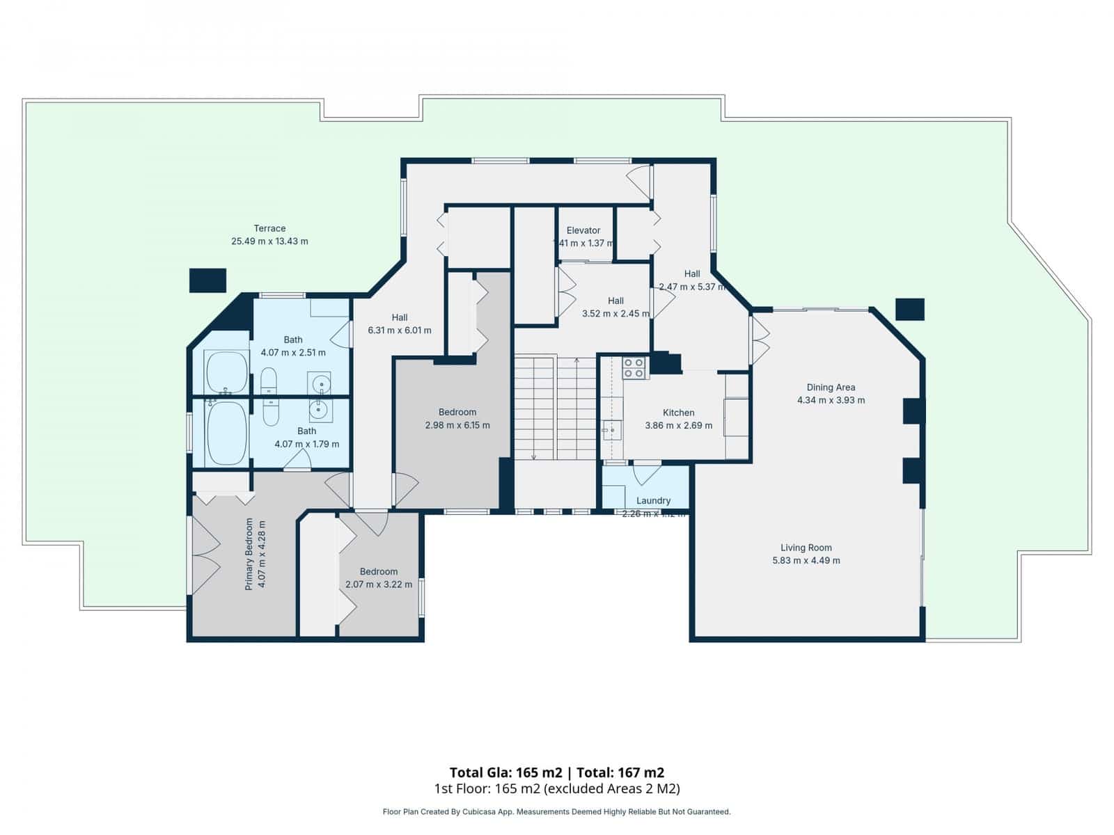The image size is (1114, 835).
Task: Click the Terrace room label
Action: [x=269, y=228]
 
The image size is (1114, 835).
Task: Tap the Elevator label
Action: [x=583, y=230]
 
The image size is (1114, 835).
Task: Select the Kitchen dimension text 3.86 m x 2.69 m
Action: [x=679, y=425]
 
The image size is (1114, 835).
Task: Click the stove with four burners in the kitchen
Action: [x=634, y=368]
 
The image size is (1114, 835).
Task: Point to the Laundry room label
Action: [x=653, y=500]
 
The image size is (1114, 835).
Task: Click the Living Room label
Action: [x=806, y=548]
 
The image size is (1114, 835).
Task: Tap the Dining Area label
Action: [x=831, y=388]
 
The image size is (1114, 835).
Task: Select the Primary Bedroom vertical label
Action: [x=249, y=555]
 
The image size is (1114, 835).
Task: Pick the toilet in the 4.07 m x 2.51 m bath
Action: [x=269, y=381]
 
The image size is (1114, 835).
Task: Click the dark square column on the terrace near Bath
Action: [x=208, y=280]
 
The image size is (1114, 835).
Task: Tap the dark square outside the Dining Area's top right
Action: [x=909, y=309]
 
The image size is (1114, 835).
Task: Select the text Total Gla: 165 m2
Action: [x=505, y=772]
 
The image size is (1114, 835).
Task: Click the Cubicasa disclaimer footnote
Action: [x=557, y=811]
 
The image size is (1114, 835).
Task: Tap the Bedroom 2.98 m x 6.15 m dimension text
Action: [x=457, y=425]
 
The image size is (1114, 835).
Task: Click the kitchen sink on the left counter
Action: [x=612, y=431]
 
